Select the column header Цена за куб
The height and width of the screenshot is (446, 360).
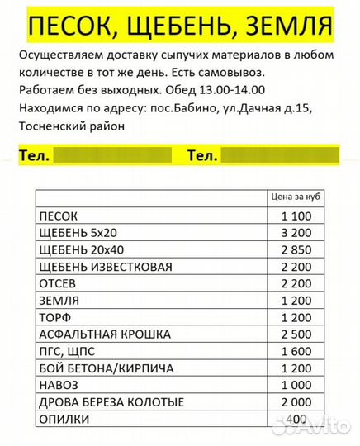pyautogui.click(x=295, y=197)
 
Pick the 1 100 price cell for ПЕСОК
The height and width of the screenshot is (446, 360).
pyautogui.click(x=295, y=216)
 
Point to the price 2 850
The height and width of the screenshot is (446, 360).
pyautogui.click(x=295, y=249)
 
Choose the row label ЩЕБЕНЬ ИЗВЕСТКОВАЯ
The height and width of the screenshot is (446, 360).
pyautogui.click(x=106, y=266)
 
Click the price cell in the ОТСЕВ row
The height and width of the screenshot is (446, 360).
pyautogui.click(x=295, y=283)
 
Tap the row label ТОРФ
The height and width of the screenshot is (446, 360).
pyautogui.click(x=55, y=317)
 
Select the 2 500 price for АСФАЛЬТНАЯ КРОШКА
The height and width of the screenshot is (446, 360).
pyautogui.click(x=295, y=334)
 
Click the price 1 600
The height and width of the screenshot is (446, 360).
pyautogui.click(x=295, y=351)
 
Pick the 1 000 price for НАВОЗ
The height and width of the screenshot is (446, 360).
pyautogui.click(x=295, y=385)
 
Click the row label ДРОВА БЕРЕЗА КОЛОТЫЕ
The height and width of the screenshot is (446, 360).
pyautogui.click(x=112, y=401)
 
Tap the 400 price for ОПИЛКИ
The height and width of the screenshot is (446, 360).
pyautogui.click(x=296, y=419)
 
